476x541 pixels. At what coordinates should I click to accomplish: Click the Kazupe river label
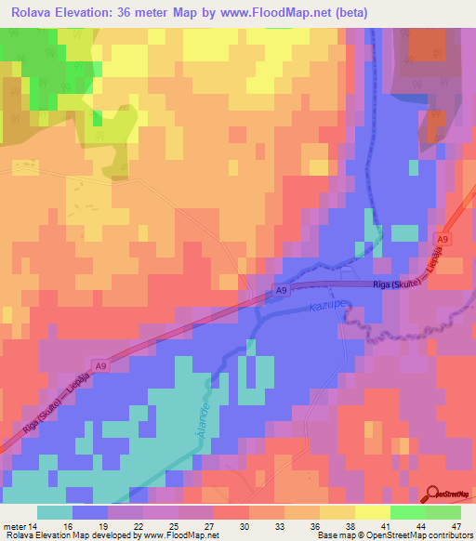point(326,307)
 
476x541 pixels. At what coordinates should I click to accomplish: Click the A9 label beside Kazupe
point(282,293)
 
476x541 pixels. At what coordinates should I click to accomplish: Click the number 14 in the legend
point(35,525)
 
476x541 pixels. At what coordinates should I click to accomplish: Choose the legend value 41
point(371,525)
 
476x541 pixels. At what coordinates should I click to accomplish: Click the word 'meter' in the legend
point(14,525)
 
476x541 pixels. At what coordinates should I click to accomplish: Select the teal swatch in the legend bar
point(55,512)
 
